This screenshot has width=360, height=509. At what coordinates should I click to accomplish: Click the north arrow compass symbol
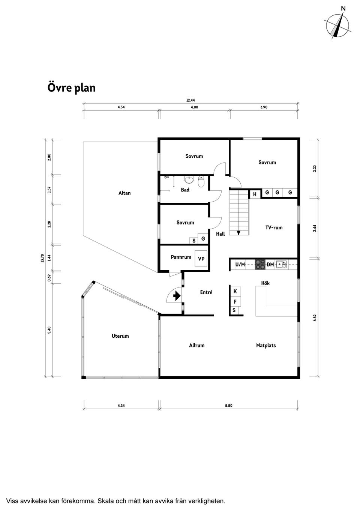[339, 25]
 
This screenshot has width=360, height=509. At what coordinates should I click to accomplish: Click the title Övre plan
[72, 88]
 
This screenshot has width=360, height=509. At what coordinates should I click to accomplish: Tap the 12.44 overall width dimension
[190, 100]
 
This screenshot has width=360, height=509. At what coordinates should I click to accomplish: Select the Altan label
[124, 193]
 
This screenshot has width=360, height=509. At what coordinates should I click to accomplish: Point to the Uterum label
[120, 336]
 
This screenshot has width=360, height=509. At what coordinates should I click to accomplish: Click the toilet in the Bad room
[201, 182]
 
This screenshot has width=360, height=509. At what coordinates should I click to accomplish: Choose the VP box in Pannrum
[201, 259]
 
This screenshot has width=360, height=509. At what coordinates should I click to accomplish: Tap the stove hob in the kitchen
[260, 265]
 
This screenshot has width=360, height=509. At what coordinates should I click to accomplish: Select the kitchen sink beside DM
[281, 265]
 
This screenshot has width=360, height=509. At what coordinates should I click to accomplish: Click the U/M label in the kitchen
[240, 265]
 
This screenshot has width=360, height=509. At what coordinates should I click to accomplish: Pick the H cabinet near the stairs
[255, 194]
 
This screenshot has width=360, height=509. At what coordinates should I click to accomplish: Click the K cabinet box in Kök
[235, 292]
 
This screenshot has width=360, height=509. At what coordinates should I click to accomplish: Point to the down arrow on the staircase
[238, 233]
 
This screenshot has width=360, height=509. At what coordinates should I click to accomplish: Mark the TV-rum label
[274, 228]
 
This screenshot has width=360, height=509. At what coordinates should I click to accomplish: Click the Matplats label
[266, 345]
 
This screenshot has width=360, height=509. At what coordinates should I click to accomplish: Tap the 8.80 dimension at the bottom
[229, 406]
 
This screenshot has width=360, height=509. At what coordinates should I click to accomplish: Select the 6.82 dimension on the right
[315, 318]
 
